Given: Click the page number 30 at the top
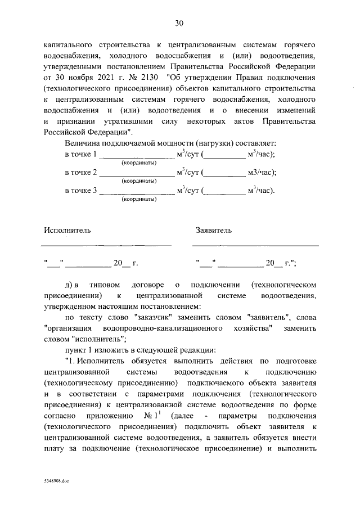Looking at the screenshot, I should (179, 23).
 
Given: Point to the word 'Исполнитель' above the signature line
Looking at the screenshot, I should (66, 229).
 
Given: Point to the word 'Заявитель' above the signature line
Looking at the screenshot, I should (213, 229).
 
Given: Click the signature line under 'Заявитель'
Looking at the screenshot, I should (255, 245).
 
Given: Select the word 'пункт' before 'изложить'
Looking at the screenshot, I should (76, 350).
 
